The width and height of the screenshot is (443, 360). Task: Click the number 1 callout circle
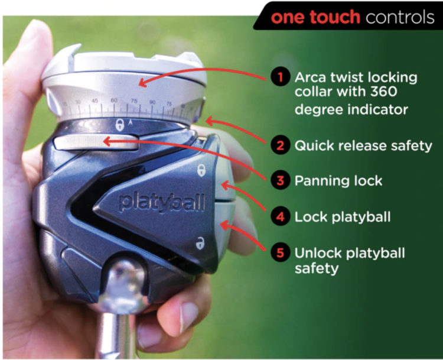coord(280,77)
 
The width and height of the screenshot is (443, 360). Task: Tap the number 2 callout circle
coord(280,145)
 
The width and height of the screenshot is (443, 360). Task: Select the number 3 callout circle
coord(280,180)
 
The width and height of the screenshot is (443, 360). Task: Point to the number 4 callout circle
coord(280,217)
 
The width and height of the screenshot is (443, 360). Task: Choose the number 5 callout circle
coord(280,252)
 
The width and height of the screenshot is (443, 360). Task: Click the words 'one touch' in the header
coord(315,17)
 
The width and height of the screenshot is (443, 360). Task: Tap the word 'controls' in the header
coord(400,17)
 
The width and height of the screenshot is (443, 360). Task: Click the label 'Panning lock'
coord(338,181)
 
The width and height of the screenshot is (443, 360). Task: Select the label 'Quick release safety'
coord(363,146)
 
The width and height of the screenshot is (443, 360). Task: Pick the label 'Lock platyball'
coord(343,217)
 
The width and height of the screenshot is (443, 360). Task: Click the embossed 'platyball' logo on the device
coord(162,202)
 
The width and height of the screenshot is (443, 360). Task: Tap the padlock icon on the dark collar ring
coord(120,125)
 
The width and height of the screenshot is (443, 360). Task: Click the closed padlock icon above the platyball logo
coord(201,170)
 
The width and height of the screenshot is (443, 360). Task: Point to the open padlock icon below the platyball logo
coord(200,243)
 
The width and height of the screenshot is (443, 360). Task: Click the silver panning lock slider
coord(96,142)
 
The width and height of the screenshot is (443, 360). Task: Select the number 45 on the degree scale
coord(95,100)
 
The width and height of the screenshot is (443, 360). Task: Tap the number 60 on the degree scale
coord(114,100)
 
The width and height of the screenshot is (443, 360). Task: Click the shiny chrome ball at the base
coord(123,286)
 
